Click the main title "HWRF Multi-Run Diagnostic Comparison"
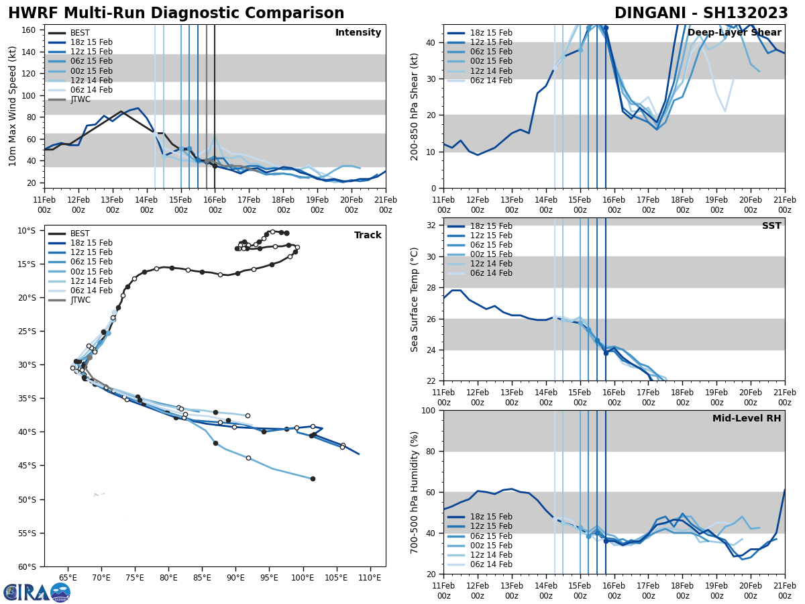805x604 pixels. coord(176,13)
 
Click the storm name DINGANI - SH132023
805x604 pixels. coord(701,13)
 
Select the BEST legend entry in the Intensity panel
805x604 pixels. coord(79,33)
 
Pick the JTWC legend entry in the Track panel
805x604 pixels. coord(80,300)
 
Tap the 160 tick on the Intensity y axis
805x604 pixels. coord(30,30)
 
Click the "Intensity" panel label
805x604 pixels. coord(358,33)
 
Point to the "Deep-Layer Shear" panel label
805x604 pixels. coord(734,33)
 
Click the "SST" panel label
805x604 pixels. coord(771,226)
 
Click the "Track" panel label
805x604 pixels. coord(368,236)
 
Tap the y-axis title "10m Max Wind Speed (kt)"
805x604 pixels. coord(12,106)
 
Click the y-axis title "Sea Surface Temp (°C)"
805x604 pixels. coord(415,299)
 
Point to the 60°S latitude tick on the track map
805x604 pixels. coord(26,566)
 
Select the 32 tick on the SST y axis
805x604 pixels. coord(433,225)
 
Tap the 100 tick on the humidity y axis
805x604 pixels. coord(430,410)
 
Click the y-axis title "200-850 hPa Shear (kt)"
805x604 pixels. coord(415,106)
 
